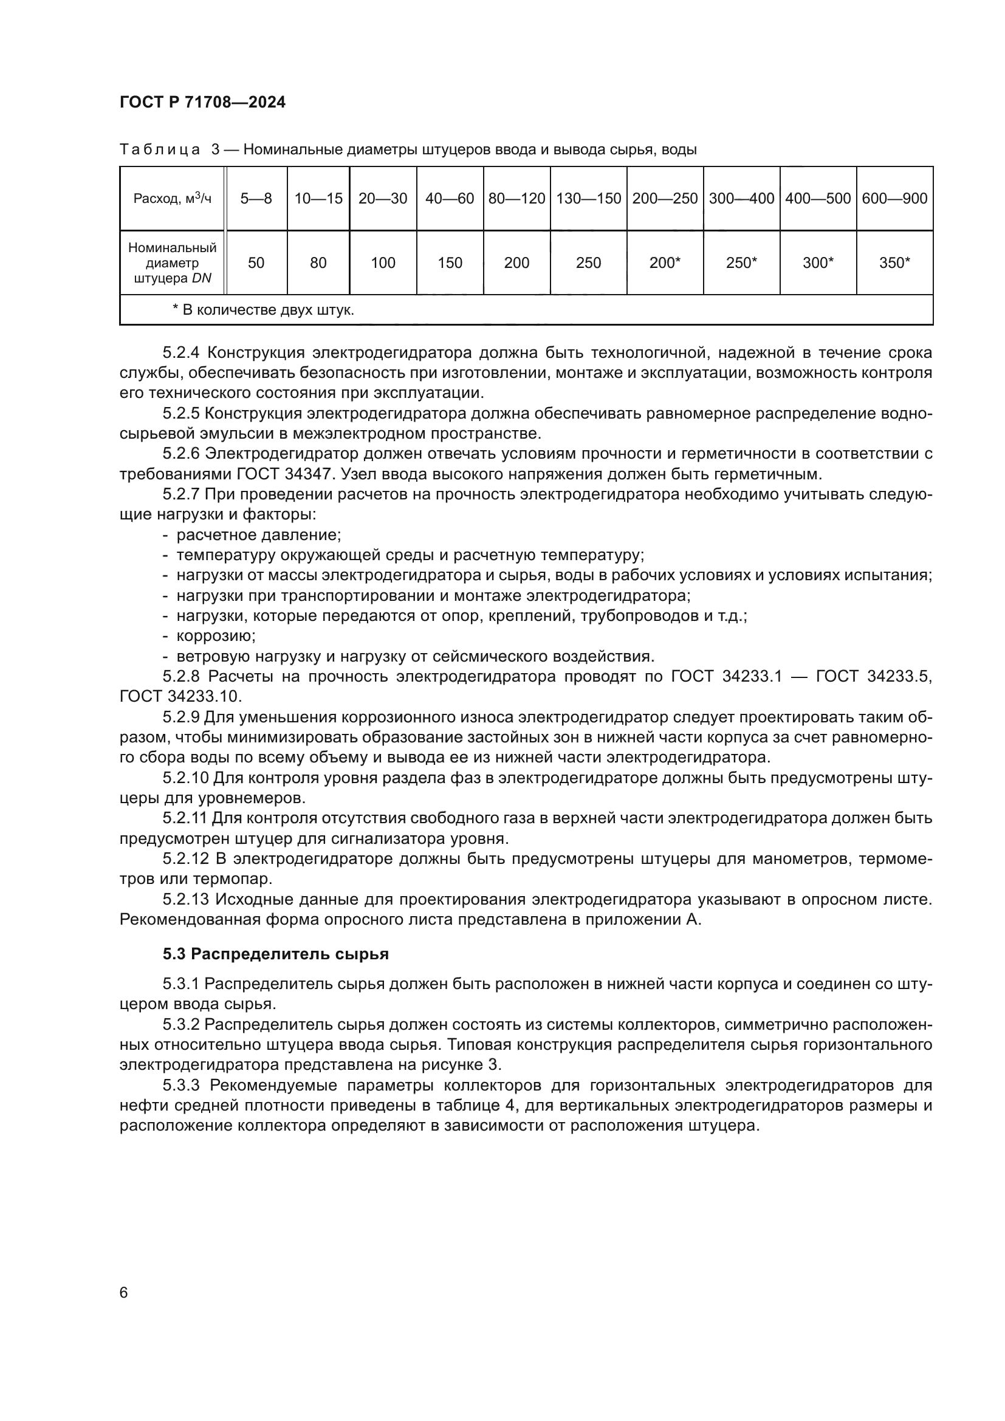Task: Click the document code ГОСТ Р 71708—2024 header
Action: pyautogui.click(x=202, y=103)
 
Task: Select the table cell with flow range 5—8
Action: pyautogui.click(x=256, y=199)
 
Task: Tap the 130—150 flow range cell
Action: pyautogui.click(x=588, y=199)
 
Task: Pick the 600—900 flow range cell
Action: pyautogui.click(x=894, y=199)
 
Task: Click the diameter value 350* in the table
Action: pyautogui.click(x=894, y=263)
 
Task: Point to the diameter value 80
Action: pyautogui.click(x=318, y=263)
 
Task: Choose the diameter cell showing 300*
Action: pyautogui.click(x=817, y=263)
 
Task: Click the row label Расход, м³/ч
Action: pyautogui.click(x=172, y=199)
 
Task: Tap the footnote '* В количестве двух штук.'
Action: pyautogui.click(x=263, y=310)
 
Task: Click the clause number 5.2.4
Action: pyautogui.click(x=180, y=353)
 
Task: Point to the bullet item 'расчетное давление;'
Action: pyautogui.click(x=259, y=535)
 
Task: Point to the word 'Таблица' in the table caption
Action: pyautogui.click(x=160, y=150)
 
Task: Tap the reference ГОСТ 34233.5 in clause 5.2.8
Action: pyautogui.click(x=873, y=676)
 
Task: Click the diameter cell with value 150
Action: pyautogui.click(x=450, y=263)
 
